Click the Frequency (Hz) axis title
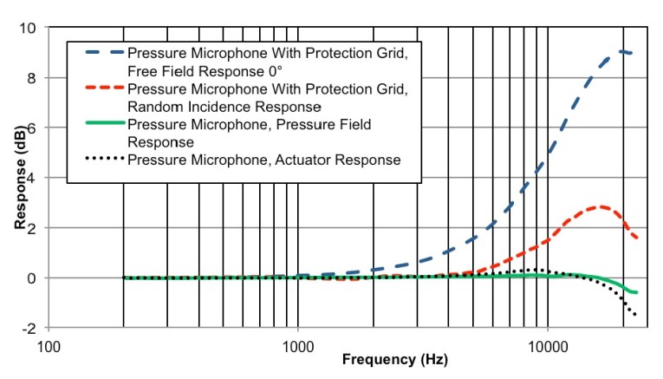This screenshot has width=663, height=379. [x=394, y=361]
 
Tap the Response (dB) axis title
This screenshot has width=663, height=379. [x=18, y=179]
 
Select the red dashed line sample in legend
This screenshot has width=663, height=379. [x=103, y=89]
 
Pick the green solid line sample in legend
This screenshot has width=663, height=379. [x=103, y=126]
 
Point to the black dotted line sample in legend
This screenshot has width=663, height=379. [x=103, y=160]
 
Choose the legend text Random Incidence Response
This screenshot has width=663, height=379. [x=224, y=106]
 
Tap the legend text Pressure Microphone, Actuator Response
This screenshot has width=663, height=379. [x=263, y=160]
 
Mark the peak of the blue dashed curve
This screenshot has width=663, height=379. [x=621, y=52]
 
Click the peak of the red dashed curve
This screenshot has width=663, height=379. [x=600, y=206]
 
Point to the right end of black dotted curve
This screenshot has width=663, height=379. [x=636, y=315]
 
